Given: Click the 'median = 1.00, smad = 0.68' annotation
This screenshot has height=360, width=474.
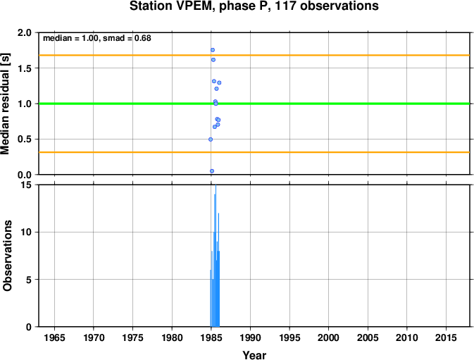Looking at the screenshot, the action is [97, 38].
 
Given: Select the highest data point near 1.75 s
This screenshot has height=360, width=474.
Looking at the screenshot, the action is [213, 50].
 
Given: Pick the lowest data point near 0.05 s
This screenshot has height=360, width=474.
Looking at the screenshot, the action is [212, 171].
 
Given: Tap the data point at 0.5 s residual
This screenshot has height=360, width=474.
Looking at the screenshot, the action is [211, 139].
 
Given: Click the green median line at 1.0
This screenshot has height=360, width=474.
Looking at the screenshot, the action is [254, 104].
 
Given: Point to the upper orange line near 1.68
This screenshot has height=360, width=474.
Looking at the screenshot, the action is [254, 56].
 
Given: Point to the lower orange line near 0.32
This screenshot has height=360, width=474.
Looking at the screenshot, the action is [254, 152].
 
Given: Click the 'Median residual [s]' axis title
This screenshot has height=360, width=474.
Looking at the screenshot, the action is [6, 104].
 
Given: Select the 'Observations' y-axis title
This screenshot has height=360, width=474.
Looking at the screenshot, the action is [7, 256].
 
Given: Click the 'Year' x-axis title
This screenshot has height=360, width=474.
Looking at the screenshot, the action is [254, 355].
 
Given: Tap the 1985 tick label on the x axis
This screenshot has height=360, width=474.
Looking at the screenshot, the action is [211, 337].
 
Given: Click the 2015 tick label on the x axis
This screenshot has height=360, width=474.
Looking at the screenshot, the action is [446, 337].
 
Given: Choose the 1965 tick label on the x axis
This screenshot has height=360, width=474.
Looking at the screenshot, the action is [54, 337].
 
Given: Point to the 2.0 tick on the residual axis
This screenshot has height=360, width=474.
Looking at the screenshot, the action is [25, 32].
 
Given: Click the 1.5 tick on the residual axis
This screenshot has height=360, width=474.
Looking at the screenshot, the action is [25, 68].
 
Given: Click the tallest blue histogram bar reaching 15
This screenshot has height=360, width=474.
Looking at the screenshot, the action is [216, 256].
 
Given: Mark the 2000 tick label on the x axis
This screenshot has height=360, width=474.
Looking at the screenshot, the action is [328, 337].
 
